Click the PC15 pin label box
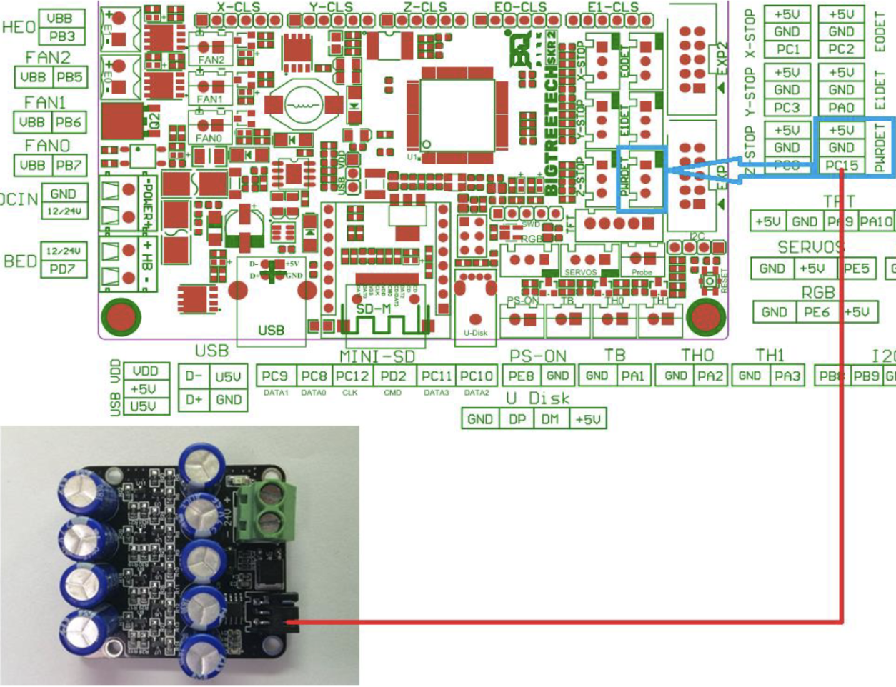841,166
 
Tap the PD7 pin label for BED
62,269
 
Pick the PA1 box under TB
632,376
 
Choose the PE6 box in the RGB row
817,312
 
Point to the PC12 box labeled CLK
352,376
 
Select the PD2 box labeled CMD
393,376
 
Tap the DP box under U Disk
517,419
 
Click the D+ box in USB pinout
194,400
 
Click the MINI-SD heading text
377,356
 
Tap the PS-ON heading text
537,356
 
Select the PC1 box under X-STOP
787,49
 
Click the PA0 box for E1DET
841,108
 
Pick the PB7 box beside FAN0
69,166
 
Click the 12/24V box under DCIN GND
64,211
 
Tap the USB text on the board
271,330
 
